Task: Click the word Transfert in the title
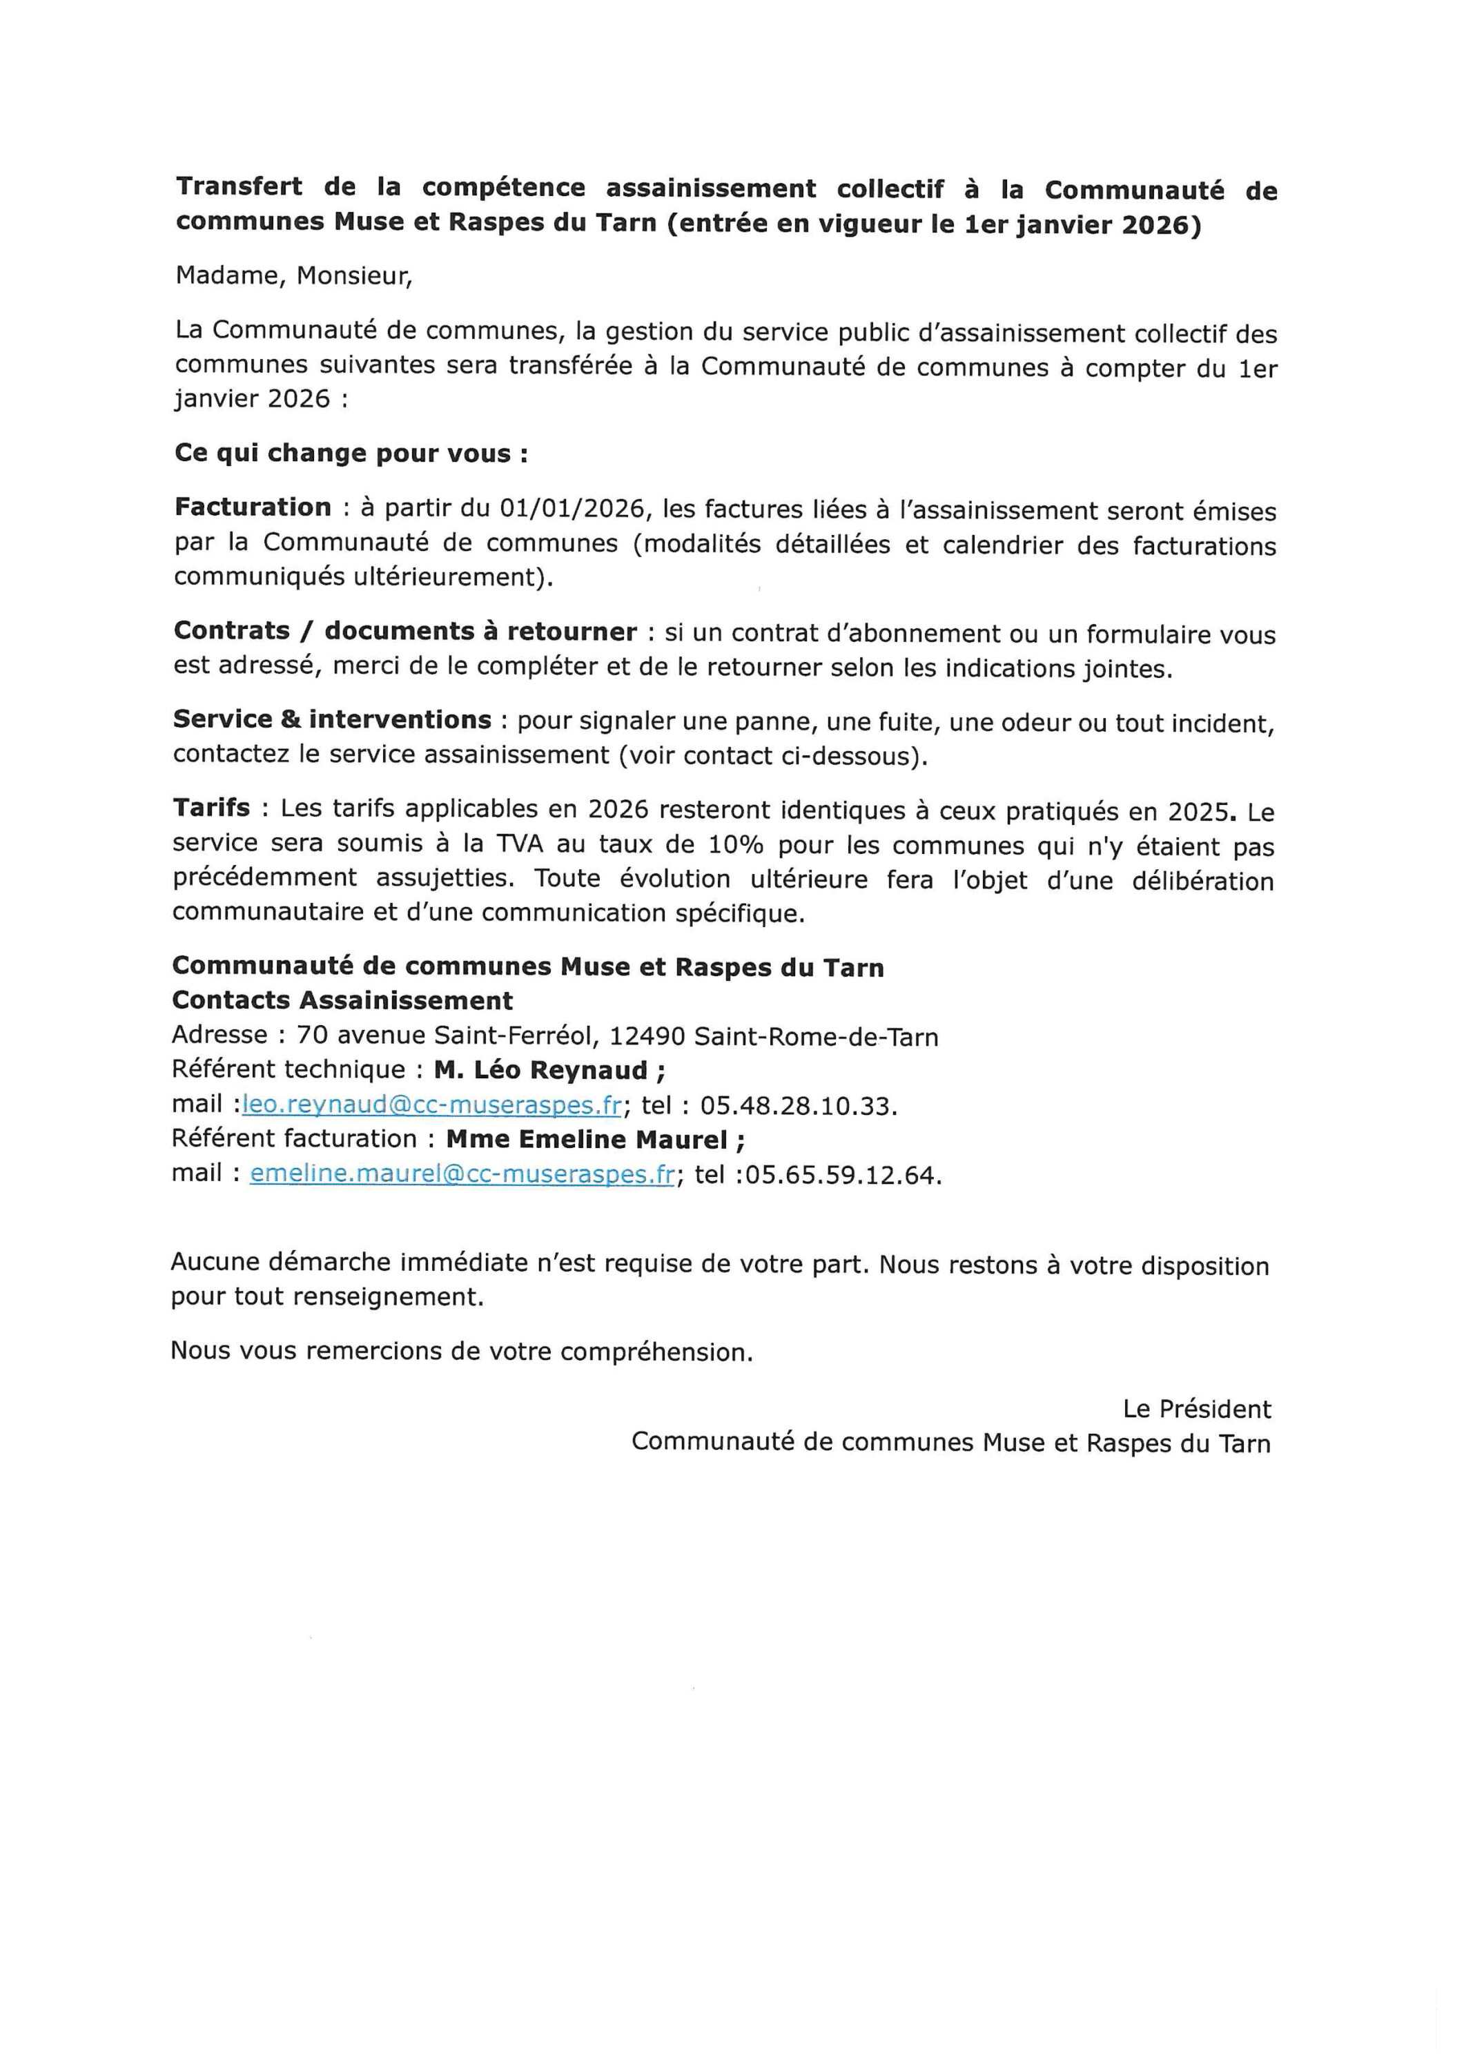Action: point(239,186)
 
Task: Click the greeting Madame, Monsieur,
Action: point(294,276)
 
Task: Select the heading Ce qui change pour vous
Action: point(350,453)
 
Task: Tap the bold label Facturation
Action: point(253,508)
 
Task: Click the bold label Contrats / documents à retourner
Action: point(405,632)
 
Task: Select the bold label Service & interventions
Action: point(332,720)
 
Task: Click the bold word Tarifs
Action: point(211,807)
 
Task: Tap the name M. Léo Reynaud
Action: point(549,1071)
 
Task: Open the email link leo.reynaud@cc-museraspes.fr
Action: point(432,1105)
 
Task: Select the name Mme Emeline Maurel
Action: point(596,1140)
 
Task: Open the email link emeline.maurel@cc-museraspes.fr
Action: point(462,1174)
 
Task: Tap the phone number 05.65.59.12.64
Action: point(843,1176)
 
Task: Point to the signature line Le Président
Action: point(1196,1409)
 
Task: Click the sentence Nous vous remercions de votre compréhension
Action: point(461,1350)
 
